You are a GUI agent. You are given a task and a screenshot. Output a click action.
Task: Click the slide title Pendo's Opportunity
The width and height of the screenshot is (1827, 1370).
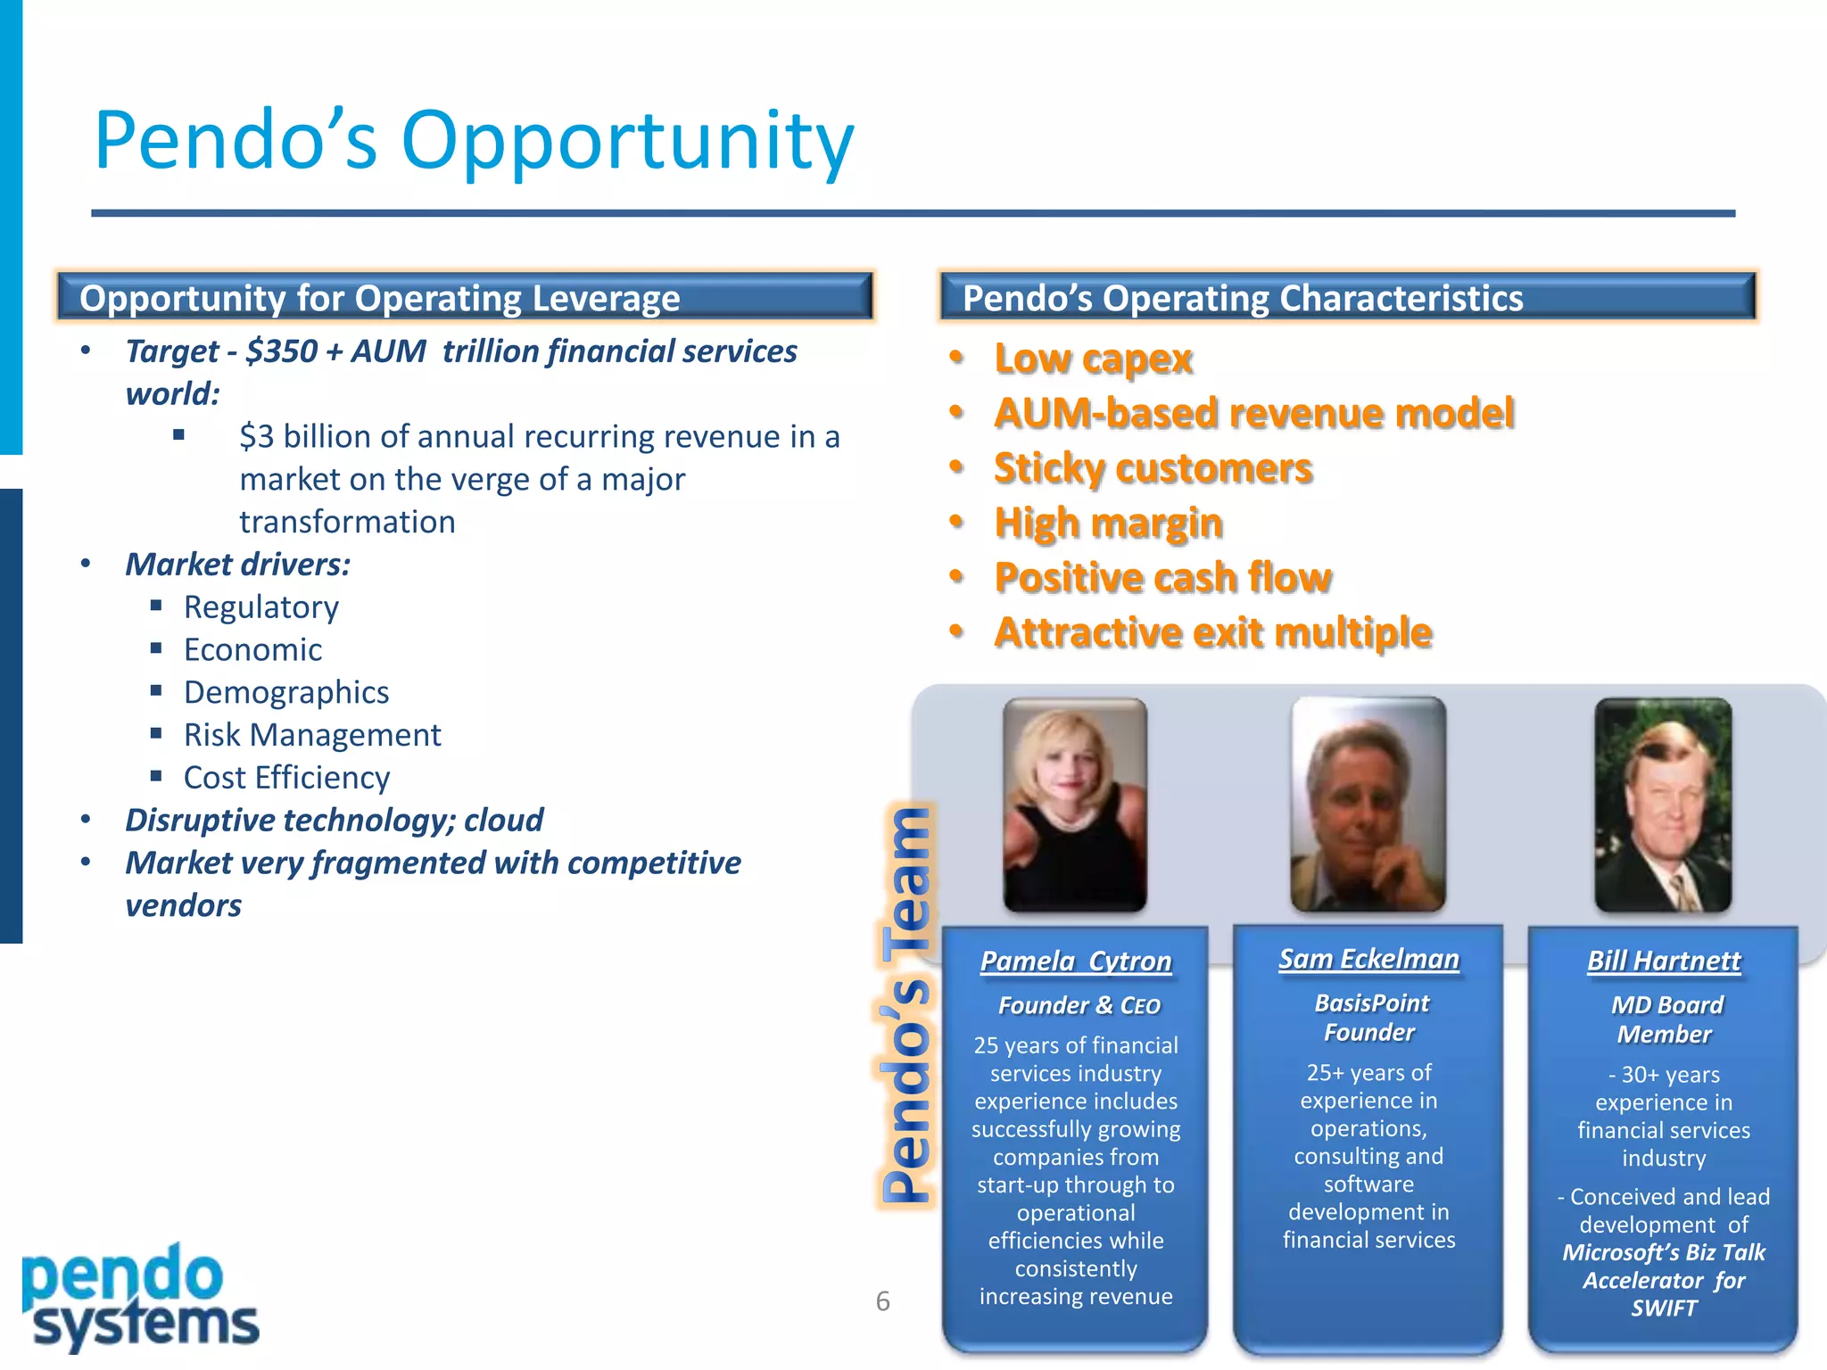coord(474,141)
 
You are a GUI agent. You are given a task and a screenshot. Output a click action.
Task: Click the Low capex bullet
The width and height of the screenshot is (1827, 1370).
coord(1093,359)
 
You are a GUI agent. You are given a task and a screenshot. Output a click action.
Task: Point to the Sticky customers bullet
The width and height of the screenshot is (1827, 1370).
coord(1153,468)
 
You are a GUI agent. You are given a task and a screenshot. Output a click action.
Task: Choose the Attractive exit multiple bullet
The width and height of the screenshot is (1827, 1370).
coord(1213,632)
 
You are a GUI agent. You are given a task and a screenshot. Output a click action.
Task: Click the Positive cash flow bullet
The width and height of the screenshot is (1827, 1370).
coord(1162,578)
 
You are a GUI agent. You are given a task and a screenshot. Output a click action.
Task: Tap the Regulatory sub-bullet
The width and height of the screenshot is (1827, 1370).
coord(260,607)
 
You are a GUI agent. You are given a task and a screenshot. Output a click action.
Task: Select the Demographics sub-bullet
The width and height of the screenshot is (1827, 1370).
coord(285,692)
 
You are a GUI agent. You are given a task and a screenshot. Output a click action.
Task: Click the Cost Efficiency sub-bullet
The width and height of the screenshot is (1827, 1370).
coord(286,778)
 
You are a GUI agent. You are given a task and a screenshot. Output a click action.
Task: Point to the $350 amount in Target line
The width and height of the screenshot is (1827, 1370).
coord(281,351)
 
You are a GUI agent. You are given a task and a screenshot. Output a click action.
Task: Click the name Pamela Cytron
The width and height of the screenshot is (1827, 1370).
coord(1075,961)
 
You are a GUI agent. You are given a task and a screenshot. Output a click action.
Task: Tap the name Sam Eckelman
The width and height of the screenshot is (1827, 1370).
coord(1368,959)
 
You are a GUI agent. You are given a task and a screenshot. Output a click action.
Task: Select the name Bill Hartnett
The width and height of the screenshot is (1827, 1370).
coord(1663,961)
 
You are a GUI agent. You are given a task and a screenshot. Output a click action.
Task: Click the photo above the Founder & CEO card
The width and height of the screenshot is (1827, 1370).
coord(1075,805)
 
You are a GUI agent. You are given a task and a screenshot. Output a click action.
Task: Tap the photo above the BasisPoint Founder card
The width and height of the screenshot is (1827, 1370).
coord(1368,805)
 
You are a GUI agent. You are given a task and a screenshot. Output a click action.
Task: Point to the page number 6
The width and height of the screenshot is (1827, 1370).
coord(882,1301)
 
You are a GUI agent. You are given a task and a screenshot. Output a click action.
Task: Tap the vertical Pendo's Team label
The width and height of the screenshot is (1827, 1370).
coord(906,1003)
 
